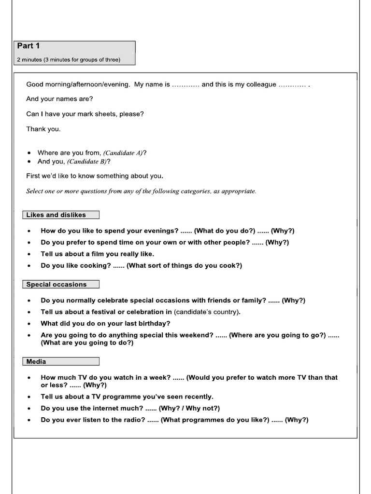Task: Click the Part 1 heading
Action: (29, 46)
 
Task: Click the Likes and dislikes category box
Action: (60, 215)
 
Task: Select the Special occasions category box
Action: (60, 285)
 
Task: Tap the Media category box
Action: (60, 361)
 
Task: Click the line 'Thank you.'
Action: (43, 129)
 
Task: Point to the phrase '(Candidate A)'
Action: (123, 153)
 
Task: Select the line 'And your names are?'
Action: (59, 99)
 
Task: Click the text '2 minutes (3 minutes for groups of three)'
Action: (68, 60)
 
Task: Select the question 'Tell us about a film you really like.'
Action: (98, 254)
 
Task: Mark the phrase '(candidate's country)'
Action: (206, 312)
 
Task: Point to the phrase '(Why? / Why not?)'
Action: (189, 408)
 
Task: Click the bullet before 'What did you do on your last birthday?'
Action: (29, 324)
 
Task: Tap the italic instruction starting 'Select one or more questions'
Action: (141, 191)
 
